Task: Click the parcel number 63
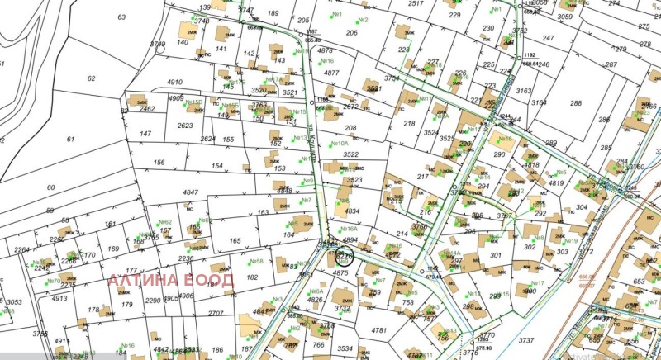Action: click(x=122, y=17)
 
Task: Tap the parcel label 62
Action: click(x=92, y=78)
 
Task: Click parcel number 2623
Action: click(x=185, y=126)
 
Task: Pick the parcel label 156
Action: click(x=159, y=163)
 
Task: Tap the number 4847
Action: click(x=191, y=192)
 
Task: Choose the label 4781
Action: click(x=379, y=330)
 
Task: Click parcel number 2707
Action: click(x=216, y=313)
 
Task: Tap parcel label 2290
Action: click(x=153, y=300)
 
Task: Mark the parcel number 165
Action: click(x=235, y=241)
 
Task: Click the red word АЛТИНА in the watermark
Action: click(x=144, y=279)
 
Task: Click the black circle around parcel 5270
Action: click(x=345, y=257)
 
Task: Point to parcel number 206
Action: click(x=352, y=33)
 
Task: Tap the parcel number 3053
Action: click(x=14, y=302)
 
